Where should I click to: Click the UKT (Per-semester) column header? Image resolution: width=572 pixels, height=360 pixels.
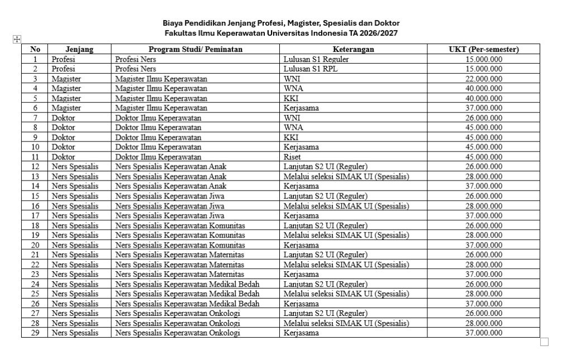[x=484, y=49]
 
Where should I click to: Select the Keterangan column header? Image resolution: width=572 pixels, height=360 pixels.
[x=354, y=49]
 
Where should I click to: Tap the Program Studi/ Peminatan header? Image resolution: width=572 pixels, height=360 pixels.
[x=196, y=49]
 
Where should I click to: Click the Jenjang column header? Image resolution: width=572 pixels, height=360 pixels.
[x=79, y=49]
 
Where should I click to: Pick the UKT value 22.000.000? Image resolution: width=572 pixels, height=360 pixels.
[x=484, y=79]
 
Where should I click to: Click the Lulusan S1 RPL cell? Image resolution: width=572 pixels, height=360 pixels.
[x=311, y=69]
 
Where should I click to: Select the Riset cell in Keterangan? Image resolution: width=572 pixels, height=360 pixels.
[x=292, y=157]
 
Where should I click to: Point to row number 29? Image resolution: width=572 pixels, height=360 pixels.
[x=35, y=333]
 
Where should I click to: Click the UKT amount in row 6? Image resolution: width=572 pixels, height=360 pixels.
[x=484, y=108]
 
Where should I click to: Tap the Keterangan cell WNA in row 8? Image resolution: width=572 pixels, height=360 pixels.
[x=292, y=127]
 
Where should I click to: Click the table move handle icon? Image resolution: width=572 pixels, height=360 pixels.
[x=17, y=39]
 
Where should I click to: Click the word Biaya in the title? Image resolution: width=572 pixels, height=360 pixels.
[x=173, y=23]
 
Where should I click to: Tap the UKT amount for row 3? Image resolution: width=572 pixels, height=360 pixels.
[x=484, y=79]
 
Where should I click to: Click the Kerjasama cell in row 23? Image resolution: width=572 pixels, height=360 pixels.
[x=301, y=274]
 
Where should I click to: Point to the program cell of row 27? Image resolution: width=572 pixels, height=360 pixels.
[x=178, y=314]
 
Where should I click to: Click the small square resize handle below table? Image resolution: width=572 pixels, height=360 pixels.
[x=544, y=342]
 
